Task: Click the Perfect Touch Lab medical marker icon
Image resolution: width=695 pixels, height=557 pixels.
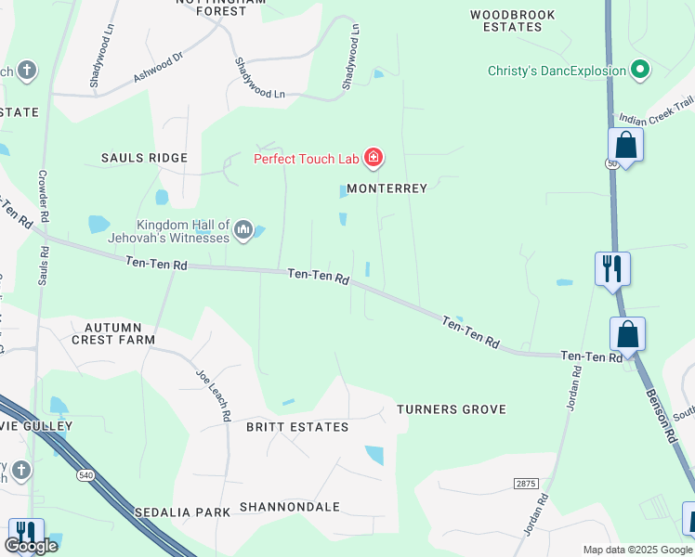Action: [x=373, y=159]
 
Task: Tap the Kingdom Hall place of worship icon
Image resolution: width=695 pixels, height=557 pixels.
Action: [x=243, y=229]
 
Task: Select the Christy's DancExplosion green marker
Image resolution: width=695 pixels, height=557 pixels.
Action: [x=639, y=70]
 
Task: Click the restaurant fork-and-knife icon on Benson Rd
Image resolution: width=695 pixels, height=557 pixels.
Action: [x=612, y=269]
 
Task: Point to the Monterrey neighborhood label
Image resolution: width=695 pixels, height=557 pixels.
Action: [x=387, y=188]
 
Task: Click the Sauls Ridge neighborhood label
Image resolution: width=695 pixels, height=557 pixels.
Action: [x=144, y=158]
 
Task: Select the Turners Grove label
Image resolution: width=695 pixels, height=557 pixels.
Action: [x=452, y=409]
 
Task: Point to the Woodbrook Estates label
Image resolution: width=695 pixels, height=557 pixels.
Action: [x=513, y=20]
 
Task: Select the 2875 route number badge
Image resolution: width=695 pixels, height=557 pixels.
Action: [x=526, y=484]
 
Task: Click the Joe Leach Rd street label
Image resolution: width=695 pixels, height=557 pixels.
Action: [x=213, y=395]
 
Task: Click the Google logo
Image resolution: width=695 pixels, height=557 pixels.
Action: [x=32, y=546]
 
